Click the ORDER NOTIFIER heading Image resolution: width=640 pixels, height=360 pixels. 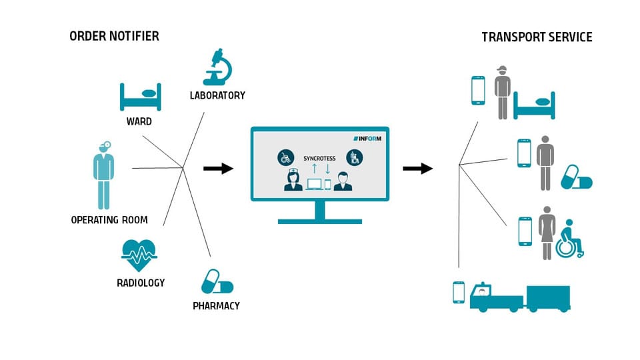[114, 36]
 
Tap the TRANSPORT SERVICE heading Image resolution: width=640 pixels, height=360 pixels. [537, 37]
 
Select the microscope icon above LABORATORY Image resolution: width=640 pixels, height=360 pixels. [217, 67]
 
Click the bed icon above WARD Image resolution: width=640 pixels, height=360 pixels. [141, 97]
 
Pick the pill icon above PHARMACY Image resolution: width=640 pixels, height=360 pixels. [217, 281]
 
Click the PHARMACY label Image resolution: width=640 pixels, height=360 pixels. [216, 306]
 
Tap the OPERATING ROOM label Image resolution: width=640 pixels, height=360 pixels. [109, 220]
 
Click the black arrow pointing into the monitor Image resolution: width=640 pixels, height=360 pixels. [218, 169]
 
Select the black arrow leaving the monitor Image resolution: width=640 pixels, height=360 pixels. [418, 169]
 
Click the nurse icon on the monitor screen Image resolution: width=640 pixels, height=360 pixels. [292, 180]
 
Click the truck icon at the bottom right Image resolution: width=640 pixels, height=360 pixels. [520, 297]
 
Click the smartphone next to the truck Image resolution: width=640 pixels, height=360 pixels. [458, 292]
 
